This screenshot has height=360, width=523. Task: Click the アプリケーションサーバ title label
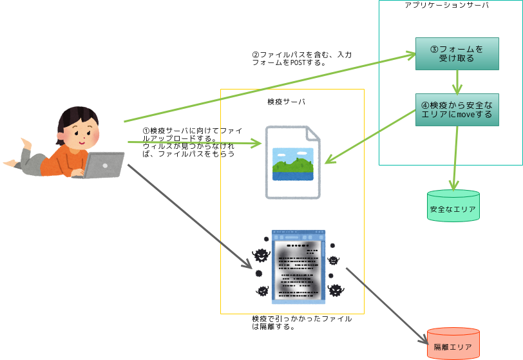[x=446, y=5]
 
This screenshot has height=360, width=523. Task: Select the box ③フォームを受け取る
[x=457, y=53]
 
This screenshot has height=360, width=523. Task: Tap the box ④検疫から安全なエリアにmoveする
[x=457, y=109]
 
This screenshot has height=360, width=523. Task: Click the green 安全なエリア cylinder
[x=453, y=207]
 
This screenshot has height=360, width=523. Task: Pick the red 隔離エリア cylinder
[x=453, y=344]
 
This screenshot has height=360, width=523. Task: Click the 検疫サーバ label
[x=287, y=102]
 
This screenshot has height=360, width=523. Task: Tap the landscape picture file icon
[x=292, y=162]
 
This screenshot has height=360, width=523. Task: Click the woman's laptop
[x=103, y=166]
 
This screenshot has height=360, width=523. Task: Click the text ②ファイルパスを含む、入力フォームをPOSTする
[x=301, y=59]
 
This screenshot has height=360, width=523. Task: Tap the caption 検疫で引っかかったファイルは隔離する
[x=301, y=322]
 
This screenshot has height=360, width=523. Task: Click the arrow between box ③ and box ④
[x=458, y=82]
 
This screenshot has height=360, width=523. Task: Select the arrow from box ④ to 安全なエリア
[x=457, y=158]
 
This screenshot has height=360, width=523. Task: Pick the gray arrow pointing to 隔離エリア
[x=386, y=303]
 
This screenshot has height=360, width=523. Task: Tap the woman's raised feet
[x=26, y=141]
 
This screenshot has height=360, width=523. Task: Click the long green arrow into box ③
[x=271, y=88]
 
